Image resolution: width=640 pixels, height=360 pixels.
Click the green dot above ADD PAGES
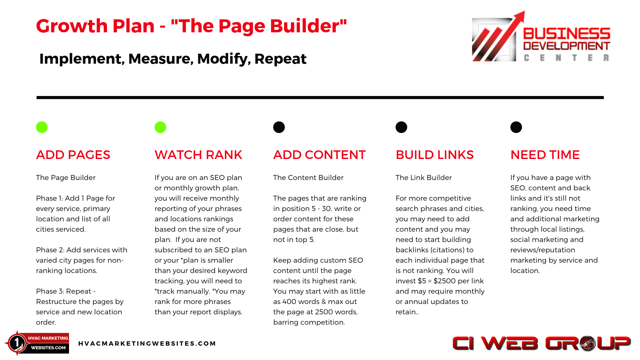[42, 127]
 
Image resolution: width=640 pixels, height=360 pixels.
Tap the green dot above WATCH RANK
[160, 127]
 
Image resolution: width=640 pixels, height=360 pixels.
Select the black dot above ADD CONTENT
[279, 127]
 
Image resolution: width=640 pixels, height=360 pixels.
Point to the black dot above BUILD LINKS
[401, 127]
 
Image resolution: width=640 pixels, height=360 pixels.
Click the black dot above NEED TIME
[516, 127]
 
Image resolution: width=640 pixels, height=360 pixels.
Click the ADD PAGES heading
[73, 155]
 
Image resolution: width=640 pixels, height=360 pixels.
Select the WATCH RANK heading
[198, 155]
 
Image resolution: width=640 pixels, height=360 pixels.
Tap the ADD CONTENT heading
[319, 155]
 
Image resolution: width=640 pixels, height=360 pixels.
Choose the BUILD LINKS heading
[435, 155]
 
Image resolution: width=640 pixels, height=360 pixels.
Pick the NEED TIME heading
[545, 155]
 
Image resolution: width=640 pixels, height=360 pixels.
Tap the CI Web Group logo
[541, 343]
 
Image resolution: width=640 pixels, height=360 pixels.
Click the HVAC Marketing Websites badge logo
[37, 343]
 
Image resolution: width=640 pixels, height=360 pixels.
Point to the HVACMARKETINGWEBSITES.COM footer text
[147, 343]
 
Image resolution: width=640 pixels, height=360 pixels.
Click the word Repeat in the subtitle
[280, 59]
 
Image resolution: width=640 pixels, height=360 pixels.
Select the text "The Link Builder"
[424, 178]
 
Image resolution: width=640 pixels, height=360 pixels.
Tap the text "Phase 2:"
[50, 250]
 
